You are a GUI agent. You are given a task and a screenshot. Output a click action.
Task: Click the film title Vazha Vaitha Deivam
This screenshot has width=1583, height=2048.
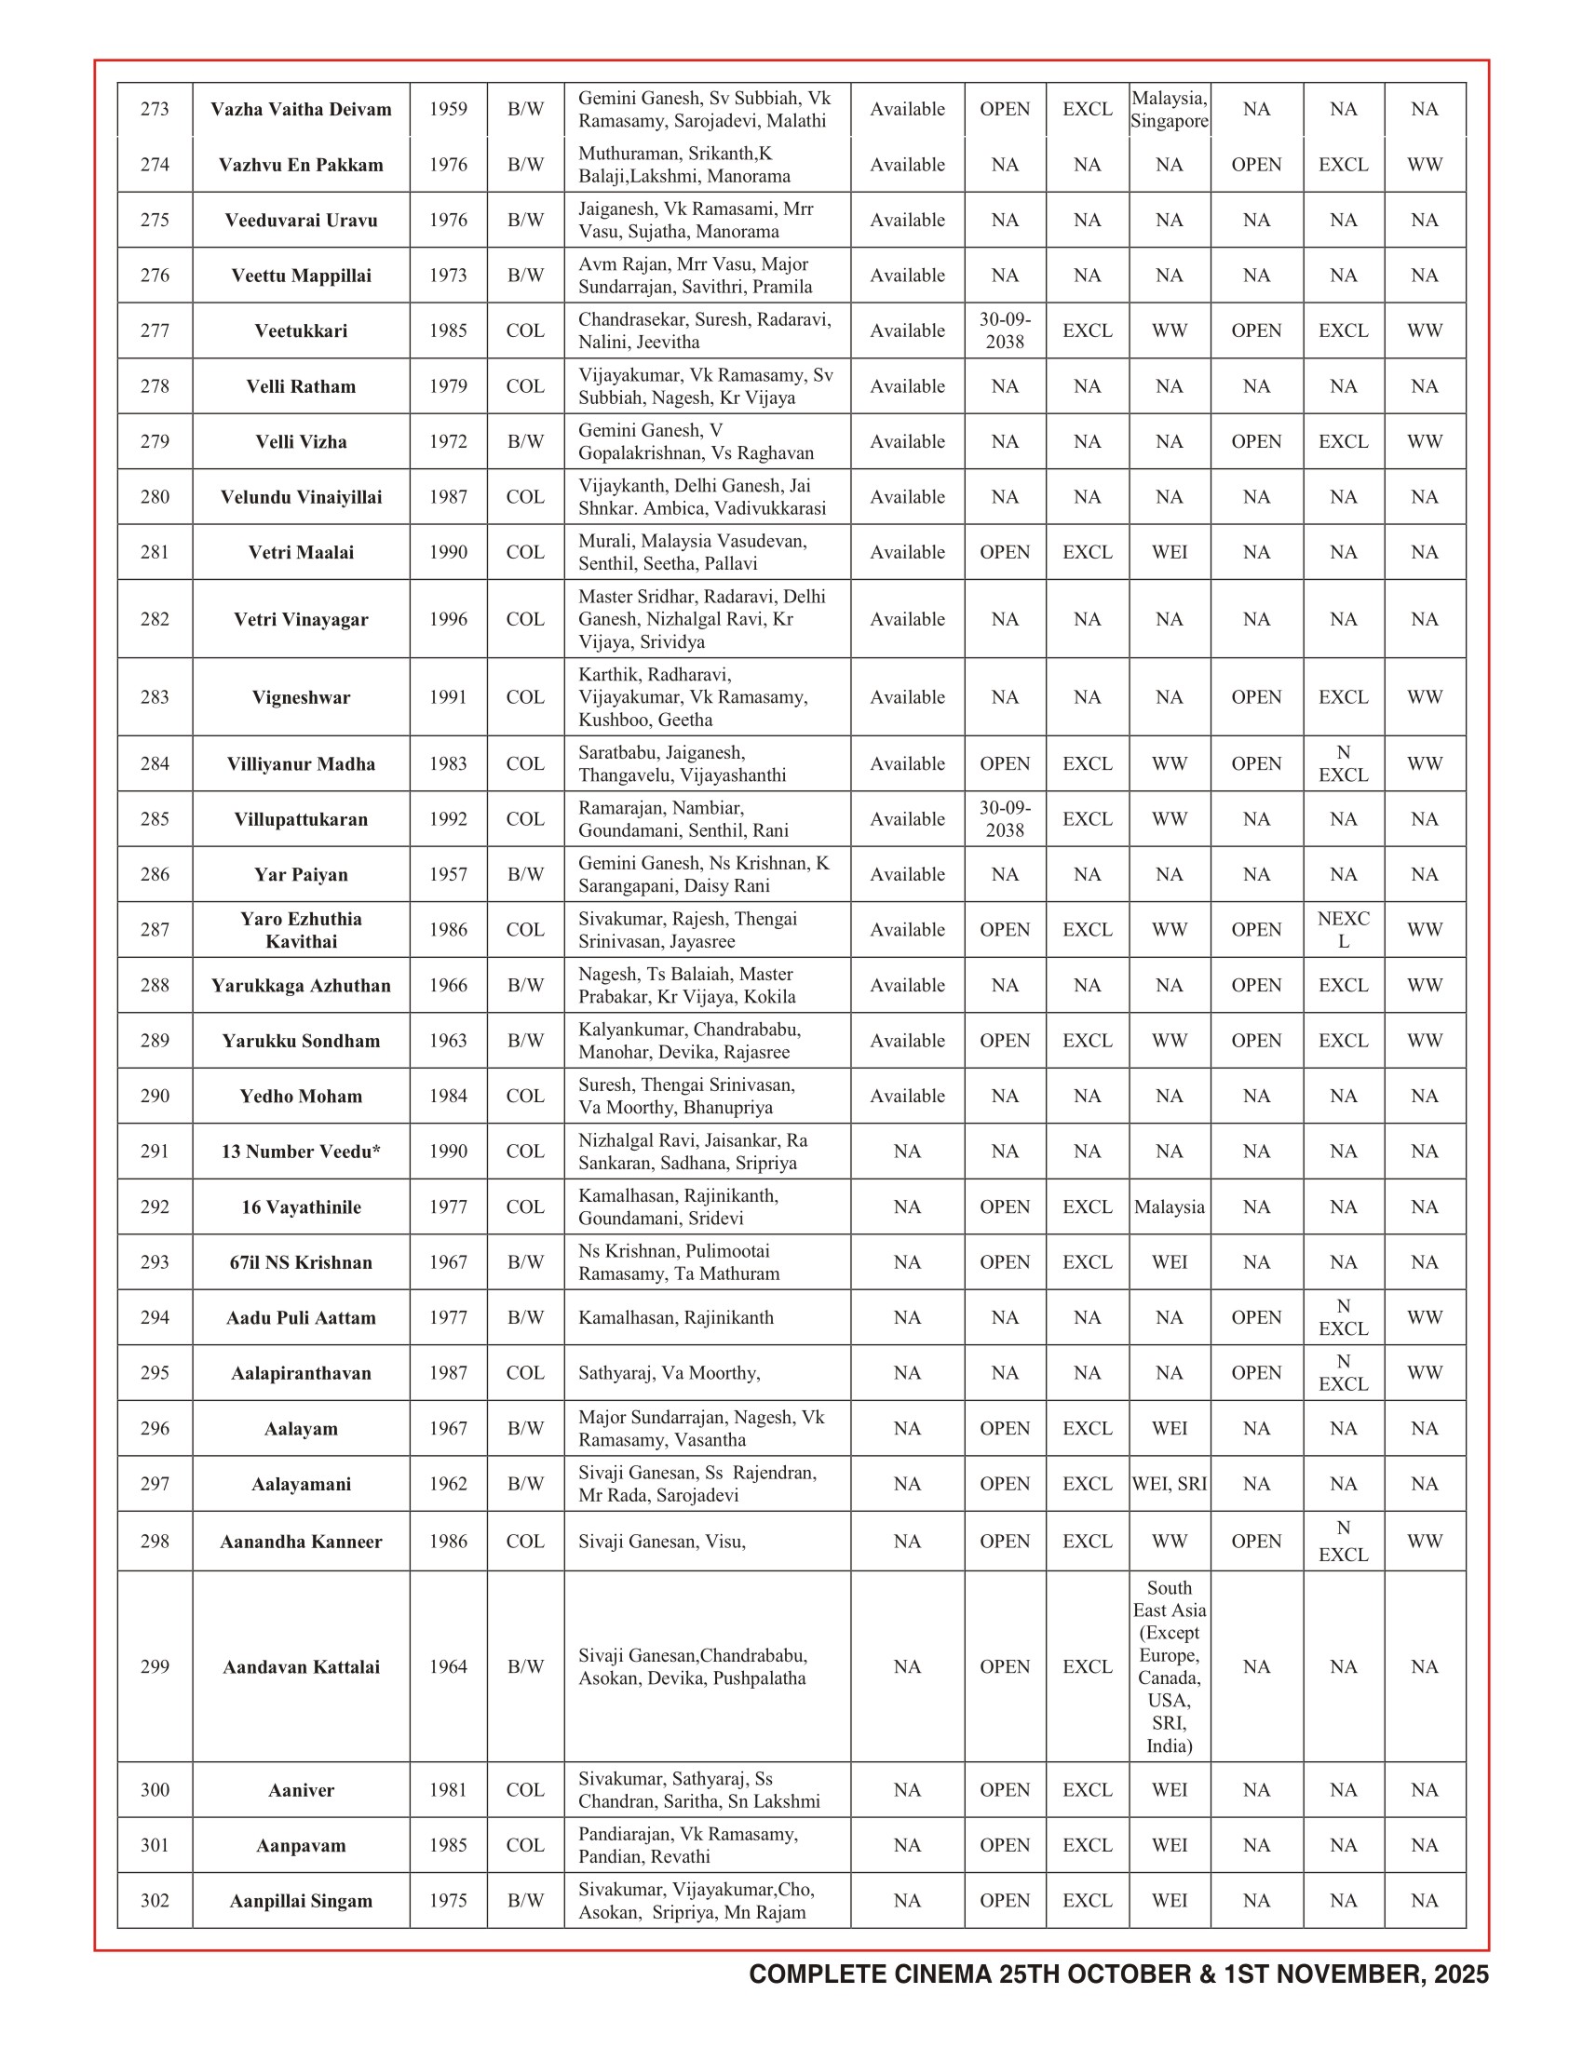(301, 110)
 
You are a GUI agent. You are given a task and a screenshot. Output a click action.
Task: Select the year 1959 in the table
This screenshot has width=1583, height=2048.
(447, 110)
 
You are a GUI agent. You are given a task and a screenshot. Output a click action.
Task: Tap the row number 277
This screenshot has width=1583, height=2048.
(155, 331)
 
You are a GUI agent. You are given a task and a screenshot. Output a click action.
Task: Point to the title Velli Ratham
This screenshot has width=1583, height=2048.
(301, 386)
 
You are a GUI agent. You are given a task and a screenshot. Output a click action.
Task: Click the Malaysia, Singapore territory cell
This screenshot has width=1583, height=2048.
(1169, 110)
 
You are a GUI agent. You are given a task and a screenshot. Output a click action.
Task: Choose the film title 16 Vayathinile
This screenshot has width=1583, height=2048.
(301, 1206)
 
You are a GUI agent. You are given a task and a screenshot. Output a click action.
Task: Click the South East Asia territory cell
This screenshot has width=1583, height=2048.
(1169, 1666)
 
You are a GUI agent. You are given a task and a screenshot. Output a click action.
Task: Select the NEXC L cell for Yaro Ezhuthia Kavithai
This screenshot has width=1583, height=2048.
(1343, 929)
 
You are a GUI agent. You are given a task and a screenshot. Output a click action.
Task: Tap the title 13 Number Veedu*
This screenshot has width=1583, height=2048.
(301, 1152)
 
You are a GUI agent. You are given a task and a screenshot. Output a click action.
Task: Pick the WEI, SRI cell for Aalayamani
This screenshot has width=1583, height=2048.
(1169, 1484)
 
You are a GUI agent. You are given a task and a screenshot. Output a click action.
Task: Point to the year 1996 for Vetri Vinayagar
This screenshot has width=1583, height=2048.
(447, 619)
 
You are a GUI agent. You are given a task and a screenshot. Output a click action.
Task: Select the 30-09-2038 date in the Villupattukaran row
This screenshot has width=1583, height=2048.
(1005, 818)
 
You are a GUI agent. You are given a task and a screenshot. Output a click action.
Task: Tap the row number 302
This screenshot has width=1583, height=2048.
(155, 1900)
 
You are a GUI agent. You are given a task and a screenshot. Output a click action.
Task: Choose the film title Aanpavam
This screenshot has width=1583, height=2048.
(301, 1845)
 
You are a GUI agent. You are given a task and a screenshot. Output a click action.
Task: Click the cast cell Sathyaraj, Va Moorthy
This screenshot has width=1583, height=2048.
(670, 1373)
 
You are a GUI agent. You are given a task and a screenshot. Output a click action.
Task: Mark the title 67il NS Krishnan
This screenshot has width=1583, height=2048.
(301, 1262)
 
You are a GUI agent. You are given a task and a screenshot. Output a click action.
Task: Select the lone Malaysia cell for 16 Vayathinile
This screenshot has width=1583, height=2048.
(1169, 1206)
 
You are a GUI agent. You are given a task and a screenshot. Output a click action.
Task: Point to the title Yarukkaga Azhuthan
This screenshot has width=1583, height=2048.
(301, 986)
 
